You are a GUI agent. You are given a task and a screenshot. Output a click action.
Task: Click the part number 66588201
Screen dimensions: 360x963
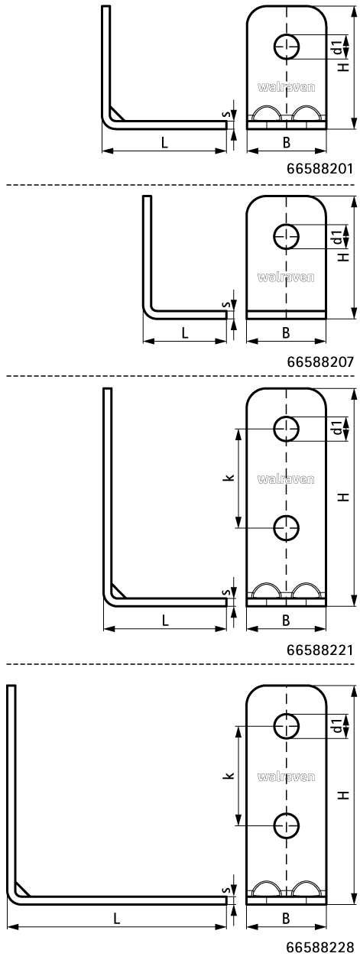click(x=319, y=168)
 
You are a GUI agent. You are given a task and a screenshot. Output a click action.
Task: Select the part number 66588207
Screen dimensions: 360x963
click(x=319, y=362)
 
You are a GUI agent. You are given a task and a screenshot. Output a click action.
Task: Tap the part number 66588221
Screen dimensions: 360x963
click(x=319, y=650)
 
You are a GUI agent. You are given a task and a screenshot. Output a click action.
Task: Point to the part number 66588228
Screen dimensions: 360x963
click(x=319, y=947)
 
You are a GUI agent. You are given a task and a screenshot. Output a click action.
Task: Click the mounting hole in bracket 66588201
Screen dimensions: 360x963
click(x=287, y=47)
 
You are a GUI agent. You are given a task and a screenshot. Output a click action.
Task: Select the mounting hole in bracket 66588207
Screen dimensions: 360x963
click(x=287, y=236)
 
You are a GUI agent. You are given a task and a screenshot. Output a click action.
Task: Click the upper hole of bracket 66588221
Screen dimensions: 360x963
click(x=287, y=429)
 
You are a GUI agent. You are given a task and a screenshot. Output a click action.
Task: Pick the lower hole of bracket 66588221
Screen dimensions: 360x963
click(x=287, y=527)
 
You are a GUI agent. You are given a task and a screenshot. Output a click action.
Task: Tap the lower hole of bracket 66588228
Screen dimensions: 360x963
click(x=287, y=825)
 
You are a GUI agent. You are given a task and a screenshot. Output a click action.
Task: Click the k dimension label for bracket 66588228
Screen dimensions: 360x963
click(x=231, y=775)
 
